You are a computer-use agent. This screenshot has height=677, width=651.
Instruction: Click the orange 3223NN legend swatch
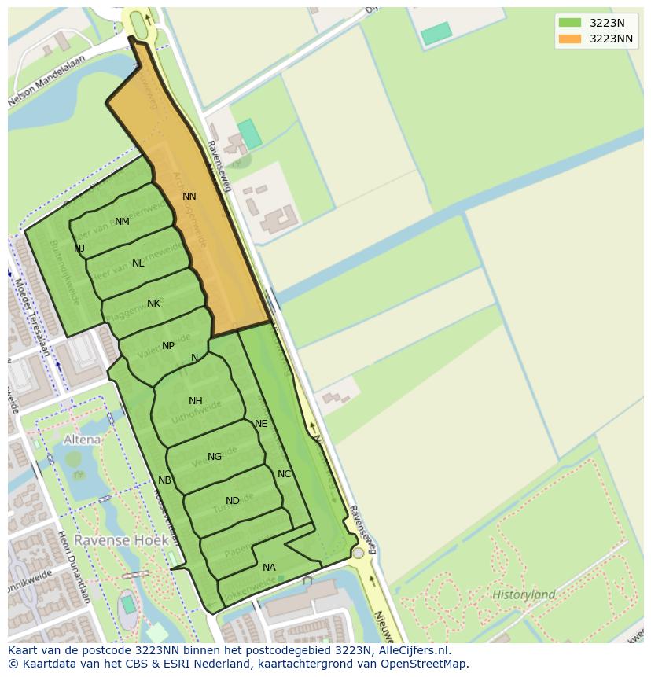coord(570,39)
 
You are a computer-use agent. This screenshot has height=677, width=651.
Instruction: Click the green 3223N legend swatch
coord(570,23)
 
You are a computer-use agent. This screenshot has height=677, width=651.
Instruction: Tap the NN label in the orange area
coord(189,197)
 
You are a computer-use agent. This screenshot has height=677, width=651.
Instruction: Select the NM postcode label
coord(122,222)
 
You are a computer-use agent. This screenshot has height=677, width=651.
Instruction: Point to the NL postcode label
coord(138,263)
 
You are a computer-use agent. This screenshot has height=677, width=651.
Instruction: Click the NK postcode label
coord(153,304)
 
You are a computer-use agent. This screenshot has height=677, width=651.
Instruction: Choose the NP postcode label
coord(168,346)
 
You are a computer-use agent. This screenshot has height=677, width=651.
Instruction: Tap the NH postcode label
coord(196,401)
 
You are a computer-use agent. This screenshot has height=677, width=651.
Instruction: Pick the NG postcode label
coord(215,457)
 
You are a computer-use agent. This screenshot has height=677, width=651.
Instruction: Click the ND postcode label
coord(233,501)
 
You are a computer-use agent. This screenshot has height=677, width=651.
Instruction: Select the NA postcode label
coord(269,568)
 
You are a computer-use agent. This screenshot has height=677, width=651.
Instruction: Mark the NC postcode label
coord(285,474)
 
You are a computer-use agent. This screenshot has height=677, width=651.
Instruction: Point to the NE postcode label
coord(261,424)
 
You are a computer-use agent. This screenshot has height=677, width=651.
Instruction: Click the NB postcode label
coord(164,480)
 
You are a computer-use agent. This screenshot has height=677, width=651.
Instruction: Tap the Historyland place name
coord(524,594)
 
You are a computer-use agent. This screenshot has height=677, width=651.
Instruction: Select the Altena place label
coord(83,440)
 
